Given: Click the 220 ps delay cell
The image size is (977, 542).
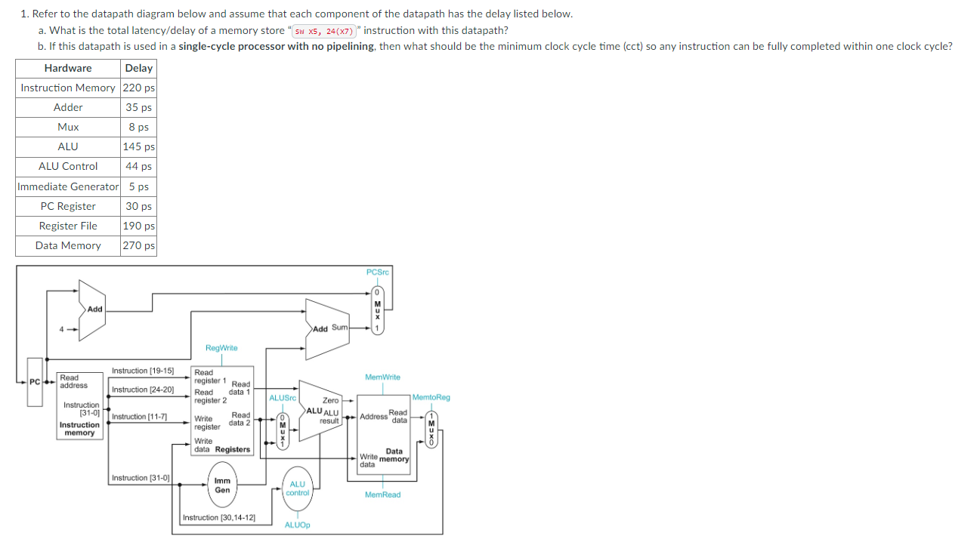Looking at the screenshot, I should tap(138, 88).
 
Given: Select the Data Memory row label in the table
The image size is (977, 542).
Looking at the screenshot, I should tap(68, 245).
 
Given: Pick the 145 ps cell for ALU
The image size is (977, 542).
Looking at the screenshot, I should tap(138, 146).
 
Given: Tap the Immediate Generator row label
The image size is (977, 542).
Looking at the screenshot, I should tap(68, 186).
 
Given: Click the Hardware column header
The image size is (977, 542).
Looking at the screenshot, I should tap(68, 68).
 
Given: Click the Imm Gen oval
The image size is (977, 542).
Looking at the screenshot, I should tap(222, 485).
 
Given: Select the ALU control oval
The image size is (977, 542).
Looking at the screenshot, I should tap(298, 488).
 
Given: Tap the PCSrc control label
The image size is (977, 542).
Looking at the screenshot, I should tap(377, 273).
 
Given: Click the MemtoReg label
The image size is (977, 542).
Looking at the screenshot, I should tap(431, 397).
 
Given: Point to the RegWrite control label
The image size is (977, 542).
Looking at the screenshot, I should tap(221, 348).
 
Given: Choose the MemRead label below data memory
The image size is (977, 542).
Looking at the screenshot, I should tap(382, 494).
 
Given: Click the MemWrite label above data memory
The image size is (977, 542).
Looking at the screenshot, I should tap(382, 377).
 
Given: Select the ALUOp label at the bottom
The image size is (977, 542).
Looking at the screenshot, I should tap(298, 525).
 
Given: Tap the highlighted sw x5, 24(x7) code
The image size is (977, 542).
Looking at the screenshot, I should tap(324, 31).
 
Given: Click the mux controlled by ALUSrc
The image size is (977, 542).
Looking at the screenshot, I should tap(281, 430).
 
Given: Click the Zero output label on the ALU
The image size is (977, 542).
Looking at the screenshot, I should tap(331, 400).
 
